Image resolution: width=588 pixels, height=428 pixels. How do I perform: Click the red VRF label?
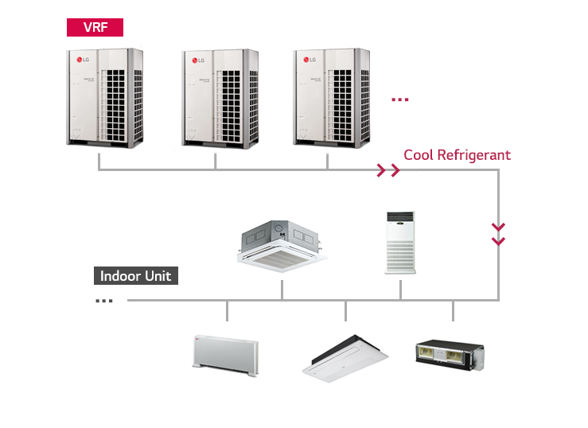[95, 27]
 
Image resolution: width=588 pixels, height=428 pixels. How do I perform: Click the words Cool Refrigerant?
[457, 155]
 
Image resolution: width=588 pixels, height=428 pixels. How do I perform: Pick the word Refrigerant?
[474, 155]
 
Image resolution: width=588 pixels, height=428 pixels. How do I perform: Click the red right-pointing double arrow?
[388, 170]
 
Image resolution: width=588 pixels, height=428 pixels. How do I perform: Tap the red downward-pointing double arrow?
[499, 233]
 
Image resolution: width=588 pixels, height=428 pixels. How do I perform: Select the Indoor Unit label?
[135, 277]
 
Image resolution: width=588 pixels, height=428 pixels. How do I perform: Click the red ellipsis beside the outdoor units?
[400, 99]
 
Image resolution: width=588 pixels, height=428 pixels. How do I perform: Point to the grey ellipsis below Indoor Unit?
[103, 301]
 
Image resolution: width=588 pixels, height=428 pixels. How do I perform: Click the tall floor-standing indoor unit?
[400, 242]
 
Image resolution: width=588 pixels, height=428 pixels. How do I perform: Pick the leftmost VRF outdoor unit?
[104, 97]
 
